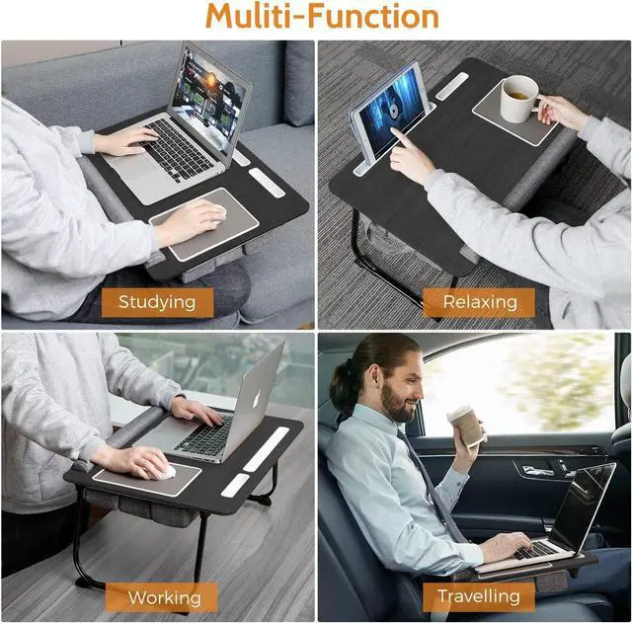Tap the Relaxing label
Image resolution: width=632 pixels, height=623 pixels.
[478, 301]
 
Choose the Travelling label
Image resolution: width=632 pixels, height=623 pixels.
[478, 596]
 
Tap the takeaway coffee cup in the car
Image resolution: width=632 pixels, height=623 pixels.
[467, 426]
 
